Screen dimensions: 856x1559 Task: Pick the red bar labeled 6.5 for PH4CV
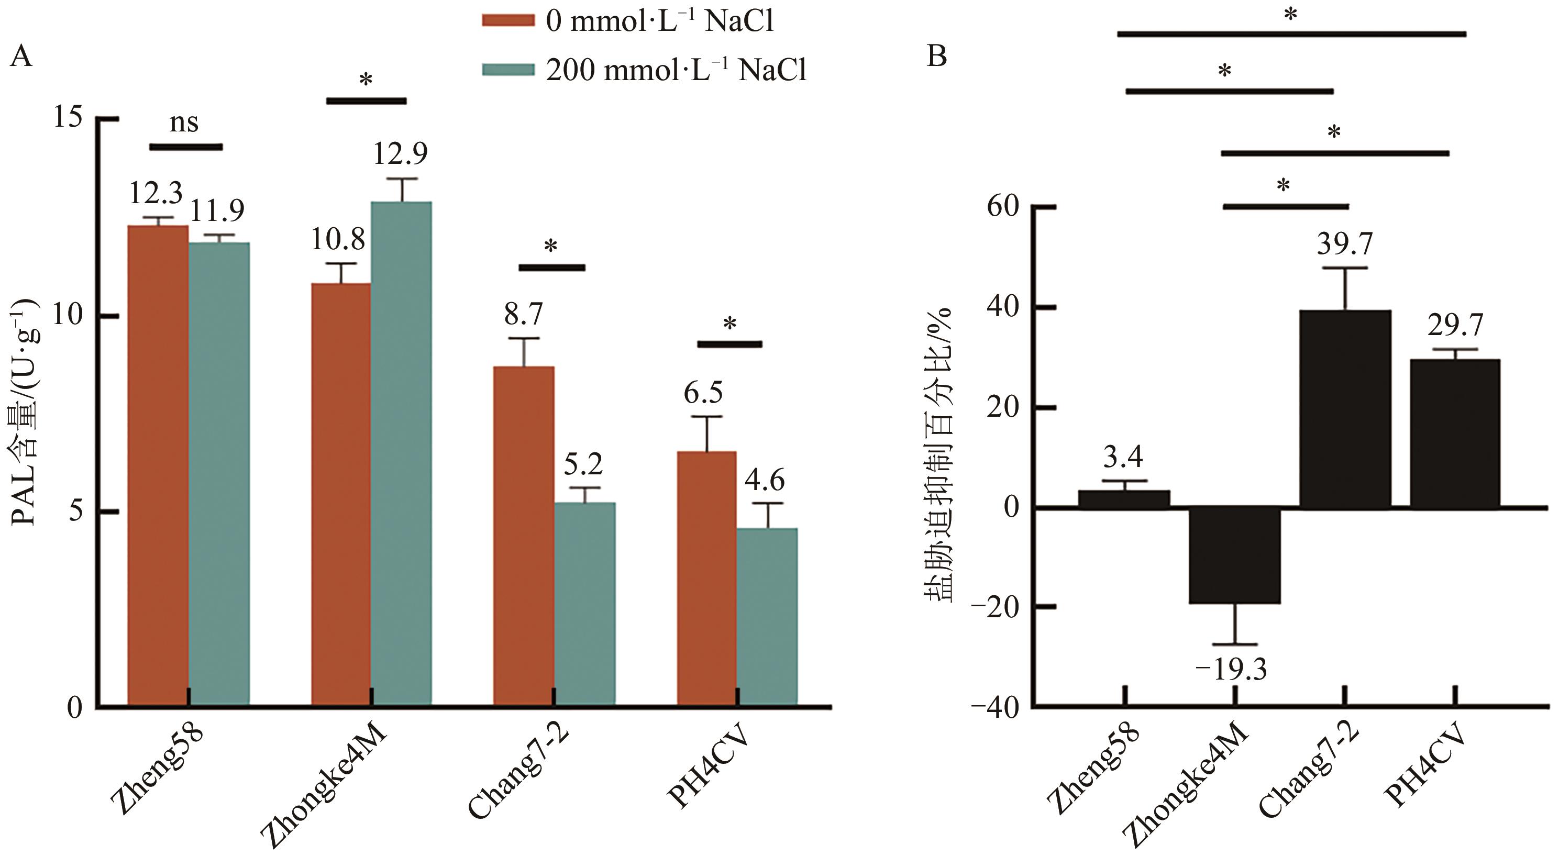coord(706,577)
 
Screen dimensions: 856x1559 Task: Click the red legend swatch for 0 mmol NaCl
coord(508,20)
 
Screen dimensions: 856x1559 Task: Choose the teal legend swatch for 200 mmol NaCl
coord(508,70)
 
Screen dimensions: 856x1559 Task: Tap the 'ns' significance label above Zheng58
coord(184,123)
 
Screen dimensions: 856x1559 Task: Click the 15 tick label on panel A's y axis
coord(68,116)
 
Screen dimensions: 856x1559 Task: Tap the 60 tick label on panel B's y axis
coord(1003,207)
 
